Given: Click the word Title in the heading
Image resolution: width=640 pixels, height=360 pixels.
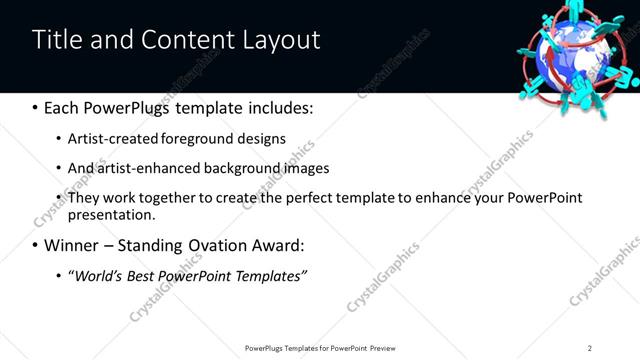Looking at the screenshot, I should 57,40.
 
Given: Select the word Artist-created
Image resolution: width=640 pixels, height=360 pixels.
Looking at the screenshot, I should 107,139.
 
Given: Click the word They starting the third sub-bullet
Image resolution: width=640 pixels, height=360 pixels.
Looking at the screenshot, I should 83,198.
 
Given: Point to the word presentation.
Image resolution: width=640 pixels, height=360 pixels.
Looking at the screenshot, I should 111,215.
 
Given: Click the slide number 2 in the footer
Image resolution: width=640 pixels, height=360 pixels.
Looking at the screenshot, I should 589,348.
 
